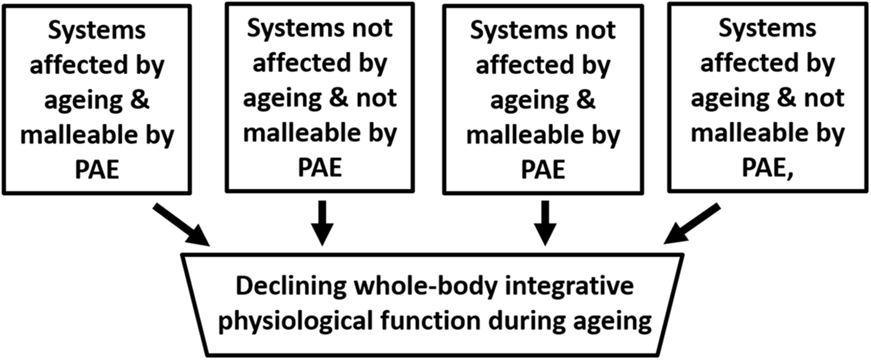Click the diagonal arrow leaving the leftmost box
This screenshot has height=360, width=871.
point(181,223)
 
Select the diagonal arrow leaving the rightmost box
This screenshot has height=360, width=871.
point(692,223)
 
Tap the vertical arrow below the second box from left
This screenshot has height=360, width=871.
point(323,223)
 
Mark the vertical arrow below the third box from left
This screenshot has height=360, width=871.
point(546,223)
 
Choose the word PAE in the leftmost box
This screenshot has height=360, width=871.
point(97,170)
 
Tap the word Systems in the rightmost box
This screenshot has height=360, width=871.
point(767,29)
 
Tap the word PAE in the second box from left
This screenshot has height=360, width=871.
point(320,168)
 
